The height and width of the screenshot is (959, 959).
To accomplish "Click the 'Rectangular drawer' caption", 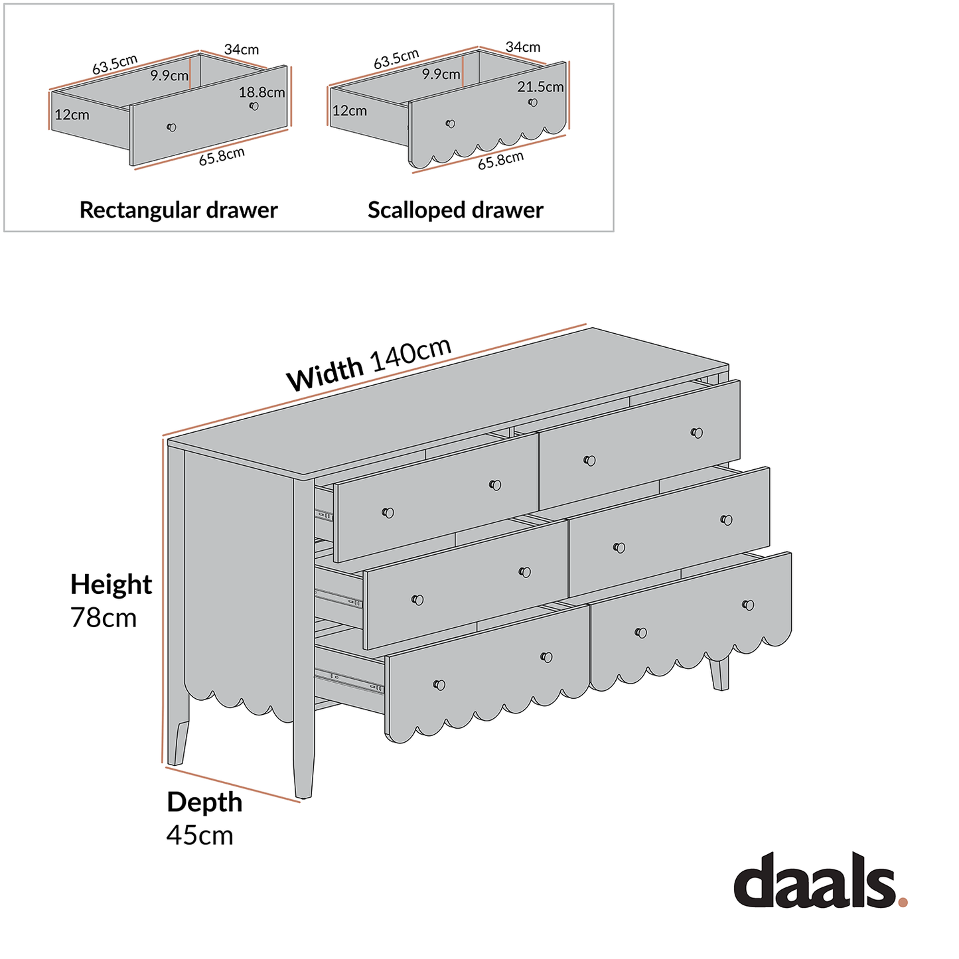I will (178, 210).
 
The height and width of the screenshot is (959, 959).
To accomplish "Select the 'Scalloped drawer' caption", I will (455, 210).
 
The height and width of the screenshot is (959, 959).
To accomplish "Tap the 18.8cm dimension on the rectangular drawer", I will (261, 92).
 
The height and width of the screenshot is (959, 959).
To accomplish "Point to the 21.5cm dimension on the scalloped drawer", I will (540, 87).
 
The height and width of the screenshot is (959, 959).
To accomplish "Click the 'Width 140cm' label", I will (369, 365).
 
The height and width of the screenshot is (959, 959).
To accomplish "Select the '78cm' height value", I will (104, 618).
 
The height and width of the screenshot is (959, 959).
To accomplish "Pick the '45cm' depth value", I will (200, 835).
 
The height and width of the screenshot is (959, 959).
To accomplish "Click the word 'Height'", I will (111, 585).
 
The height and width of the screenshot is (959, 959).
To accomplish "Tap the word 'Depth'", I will (204, 802).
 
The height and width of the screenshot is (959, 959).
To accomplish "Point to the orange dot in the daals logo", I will (902, 901).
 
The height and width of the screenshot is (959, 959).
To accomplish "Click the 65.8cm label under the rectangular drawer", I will (222, 157).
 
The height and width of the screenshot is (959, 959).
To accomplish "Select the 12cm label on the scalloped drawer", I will (349, 111).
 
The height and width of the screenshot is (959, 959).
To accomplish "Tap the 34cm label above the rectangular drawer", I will (241, 50).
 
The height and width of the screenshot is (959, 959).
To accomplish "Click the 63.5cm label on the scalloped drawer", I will (396, 59).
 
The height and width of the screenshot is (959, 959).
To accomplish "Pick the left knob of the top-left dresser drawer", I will (388, 512).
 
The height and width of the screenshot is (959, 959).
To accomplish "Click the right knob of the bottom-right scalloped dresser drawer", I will (748, 605).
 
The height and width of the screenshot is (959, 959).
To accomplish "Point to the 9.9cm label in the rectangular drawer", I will (169, 76).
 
